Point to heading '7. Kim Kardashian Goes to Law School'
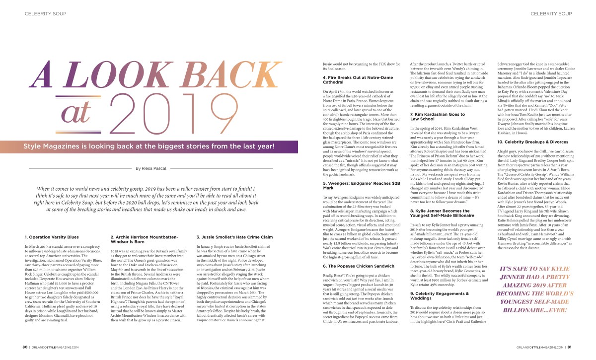(437, 117)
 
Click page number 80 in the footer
(24, 347)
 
